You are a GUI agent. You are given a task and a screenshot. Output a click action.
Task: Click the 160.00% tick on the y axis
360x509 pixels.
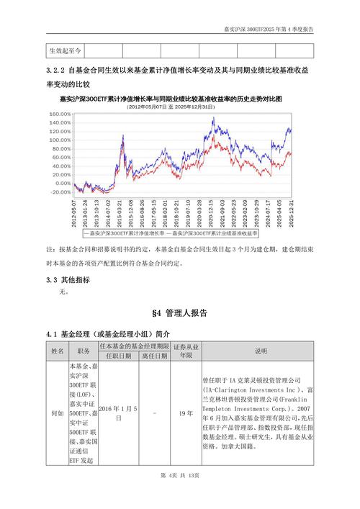click(60, 114)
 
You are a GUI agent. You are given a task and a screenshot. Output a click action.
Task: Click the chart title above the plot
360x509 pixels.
click(180, 98)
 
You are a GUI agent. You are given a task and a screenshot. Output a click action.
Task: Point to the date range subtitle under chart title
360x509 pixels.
click(180, 106)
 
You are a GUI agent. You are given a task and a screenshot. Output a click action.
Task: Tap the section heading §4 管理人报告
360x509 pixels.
click(180, 313)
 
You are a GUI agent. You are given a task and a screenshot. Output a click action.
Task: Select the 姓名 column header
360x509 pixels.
click(57, 351)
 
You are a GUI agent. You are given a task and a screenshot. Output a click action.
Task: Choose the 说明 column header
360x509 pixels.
click(260, 351)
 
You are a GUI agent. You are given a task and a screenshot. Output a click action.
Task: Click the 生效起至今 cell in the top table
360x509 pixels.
click(66, 51)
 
